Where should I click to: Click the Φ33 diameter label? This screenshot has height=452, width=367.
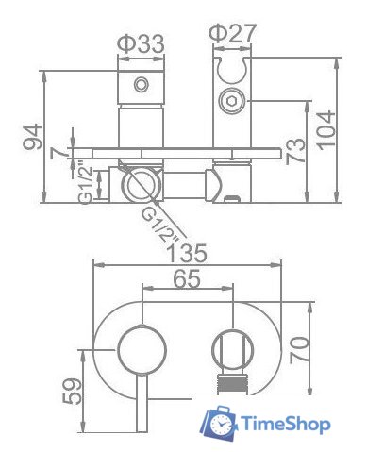click(x=141, y=44)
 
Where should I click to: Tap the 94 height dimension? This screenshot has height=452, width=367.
click(x=33, y=136)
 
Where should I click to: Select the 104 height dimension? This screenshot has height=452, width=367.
click(x=325, y=130)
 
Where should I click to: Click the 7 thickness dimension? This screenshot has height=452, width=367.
click(x=59, y=153)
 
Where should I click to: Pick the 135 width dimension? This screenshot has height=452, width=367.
click(x=188, y=253)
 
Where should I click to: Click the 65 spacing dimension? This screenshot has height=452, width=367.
click(x=187, y=278)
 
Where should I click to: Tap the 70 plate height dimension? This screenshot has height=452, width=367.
click(x=298, y=350)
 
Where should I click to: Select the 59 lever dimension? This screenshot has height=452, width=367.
click(x=72, y=391)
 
